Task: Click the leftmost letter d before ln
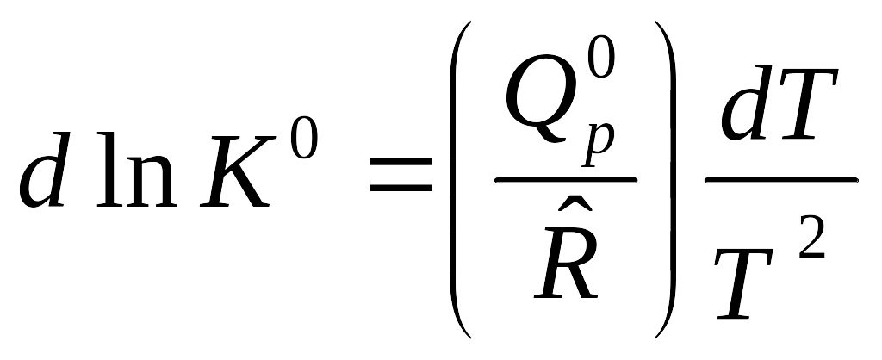[45, 169]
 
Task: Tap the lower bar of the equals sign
[401, 187]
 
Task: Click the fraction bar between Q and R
[565, 180]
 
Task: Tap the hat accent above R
[575, 214]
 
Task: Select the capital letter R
[567, 264]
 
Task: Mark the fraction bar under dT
[781, 180]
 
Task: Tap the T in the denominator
[743, 283]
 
